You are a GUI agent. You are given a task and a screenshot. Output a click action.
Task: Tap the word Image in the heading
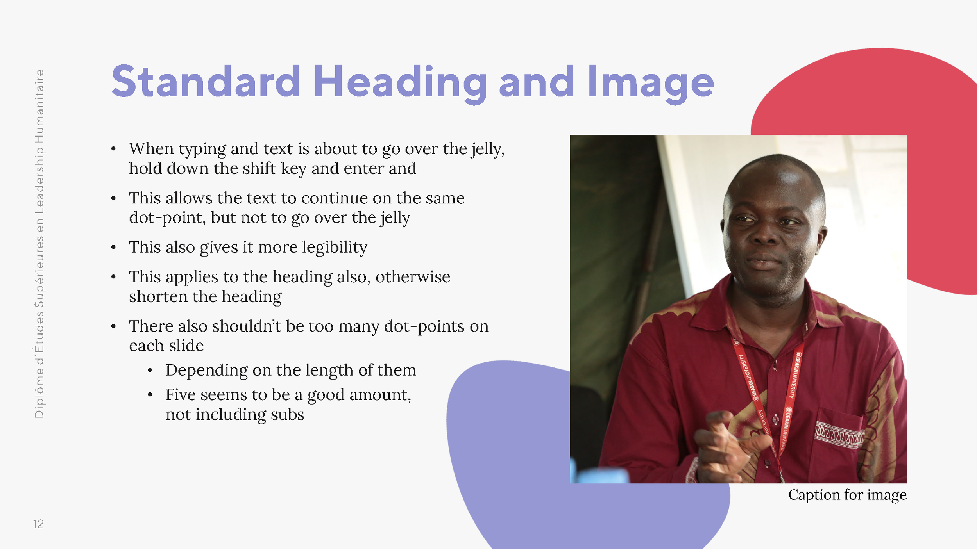click(651, 83)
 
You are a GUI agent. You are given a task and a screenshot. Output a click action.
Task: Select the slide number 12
click(38, 524)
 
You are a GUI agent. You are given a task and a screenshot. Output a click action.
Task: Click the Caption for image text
click(847, 495)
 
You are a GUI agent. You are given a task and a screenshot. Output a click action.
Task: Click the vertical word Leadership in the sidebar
click(39, 180)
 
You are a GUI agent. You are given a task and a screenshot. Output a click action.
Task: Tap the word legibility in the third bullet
click(335, 248)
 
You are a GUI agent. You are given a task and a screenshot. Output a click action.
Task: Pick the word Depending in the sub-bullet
click(206, 371)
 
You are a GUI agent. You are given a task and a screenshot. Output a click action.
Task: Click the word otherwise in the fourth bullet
click(413, 277)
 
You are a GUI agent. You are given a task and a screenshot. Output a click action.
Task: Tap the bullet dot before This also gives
click(113, 248)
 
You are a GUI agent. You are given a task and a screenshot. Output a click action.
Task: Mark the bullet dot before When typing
click(113, 149)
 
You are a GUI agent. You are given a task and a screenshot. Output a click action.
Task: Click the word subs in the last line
click(287, 415)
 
